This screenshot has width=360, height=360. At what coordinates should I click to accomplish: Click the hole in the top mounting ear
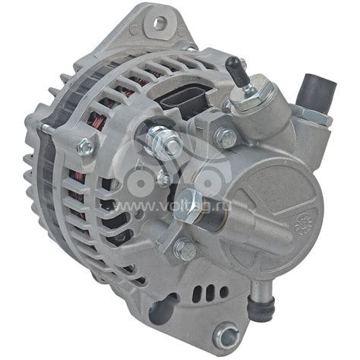click(160, 24)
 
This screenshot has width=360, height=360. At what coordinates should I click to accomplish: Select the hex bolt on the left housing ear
click(85, 147)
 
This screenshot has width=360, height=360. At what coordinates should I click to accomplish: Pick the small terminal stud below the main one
click(163, 176)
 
